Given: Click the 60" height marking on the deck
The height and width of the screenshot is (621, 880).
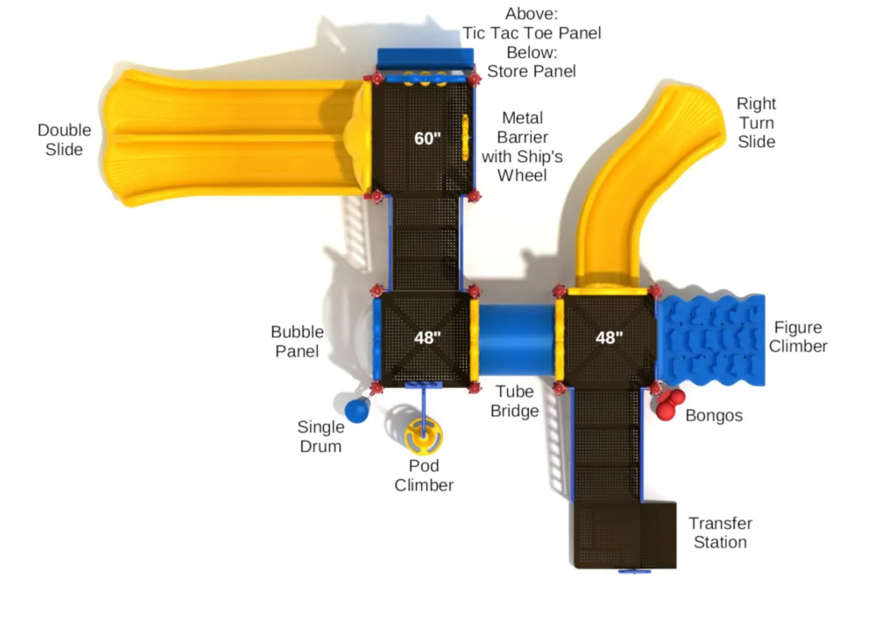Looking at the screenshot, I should tap(428, 138).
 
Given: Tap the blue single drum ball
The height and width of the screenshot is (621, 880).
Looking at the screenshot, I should tap(356, 411).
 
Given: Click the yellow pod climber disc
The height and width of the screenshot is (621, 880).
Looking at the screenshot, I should tap(424, 436).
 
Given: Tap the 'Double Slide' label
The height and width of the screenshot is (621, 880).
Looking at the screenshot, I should tap(64, 140).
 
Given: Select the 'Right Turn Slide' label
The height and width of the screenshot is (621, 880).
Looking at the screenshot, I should tap(756, 122).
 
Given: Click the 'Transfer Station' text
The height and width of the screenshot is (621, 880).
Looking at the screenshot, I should tap(720, 533).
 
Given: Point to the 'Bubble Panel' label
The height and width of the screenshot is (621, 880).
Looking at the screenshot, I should tap(297, 341).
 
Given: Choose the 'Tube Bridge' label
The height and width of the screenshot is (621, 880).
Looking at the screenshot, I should tap(514, 401).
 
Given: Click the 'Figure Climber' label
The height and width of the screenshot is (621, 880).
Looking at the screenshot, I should tap(798, 337).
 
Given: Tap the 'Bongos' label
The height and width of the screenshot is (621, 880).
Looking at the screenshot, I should tap(714, 416).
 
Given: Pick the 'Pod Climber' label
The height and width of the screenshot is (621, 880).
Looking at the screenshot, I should tap(424, 476).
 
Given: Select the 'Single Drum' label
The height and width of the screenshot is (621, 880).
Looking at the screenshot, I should tap(321, 437).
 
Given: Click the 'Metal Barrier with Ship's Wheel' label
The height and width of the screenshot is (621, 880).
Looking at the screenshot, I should tap(522, 146).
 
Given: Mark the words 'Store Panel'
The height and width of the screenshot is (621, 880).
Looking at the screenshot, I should tap(532, 71).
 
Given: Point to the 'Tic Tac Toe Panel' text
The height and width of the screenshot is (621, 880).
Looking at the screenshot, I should tap(532, 33).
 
